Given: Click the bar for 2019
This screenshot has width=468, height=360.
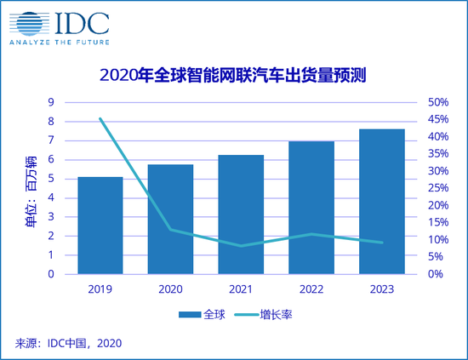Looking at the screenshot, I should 100,226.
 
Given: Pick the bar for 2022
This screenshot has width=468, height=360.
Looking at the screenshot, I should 311,208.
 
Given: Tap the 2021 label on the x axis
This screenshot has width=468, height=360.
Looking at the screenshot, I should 241,288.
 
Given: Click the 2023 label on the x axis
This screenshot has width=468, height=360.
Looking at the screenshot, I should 381,288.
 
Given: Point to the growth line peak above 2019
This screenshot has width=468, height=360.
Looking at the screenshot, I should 100,118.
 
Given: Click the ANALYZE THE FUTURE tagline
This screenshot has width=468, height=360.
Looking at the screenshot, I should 56,41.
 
